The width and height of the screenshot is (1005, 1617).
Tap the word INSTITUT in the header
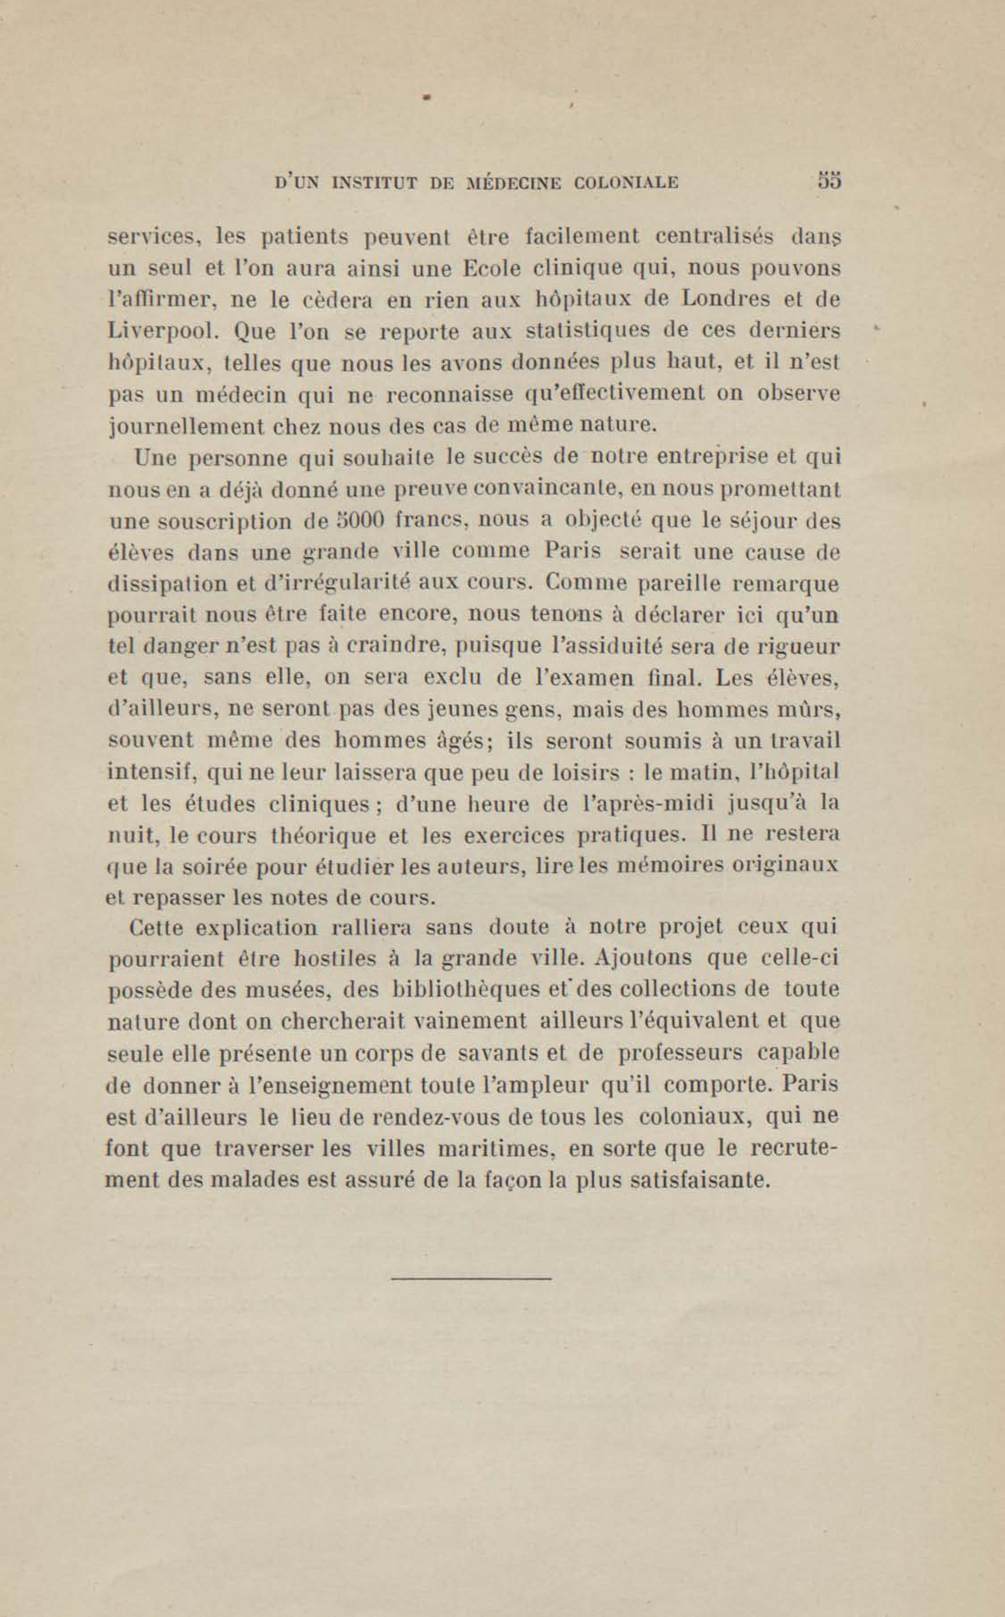(373, 182)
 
